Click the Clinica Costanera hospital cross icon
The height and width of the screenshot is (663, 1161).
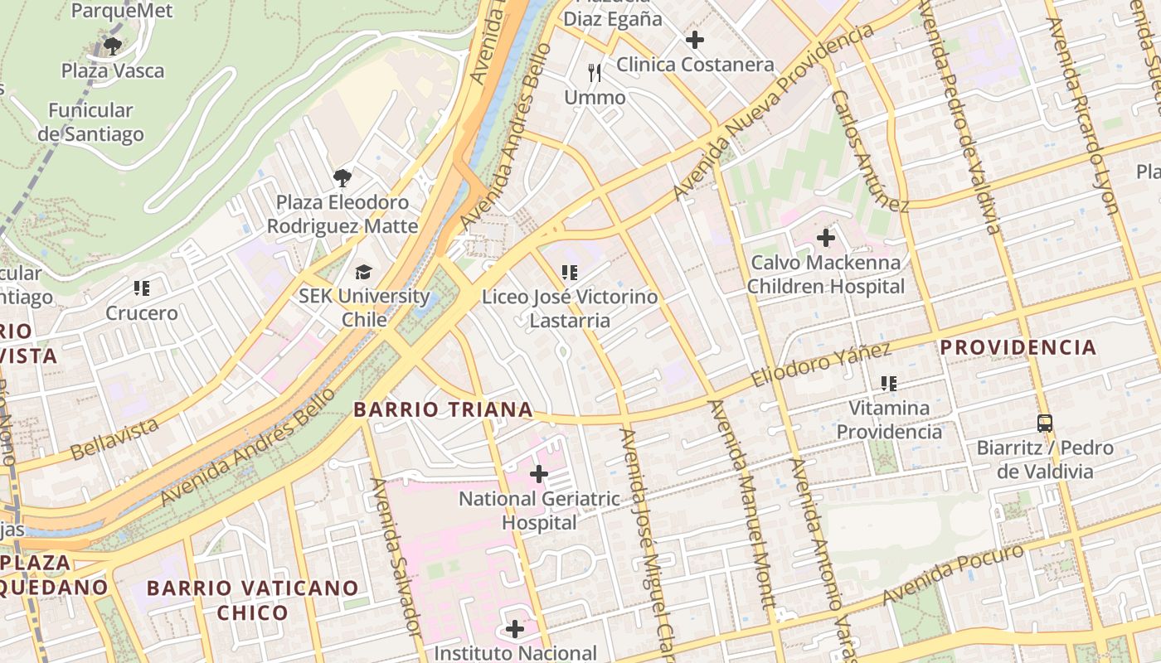pos(695,39)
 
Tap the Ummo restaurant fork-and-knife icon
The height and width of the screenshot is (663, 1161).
pos(595,73)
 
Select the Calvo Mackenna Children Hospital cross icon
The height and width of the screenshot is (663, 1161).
pos(826,238)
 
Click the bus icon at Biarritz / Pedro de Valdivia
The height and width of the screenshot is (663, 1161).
pos(1045,423)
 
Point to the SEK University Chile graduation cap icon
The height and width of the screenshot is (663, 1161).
pos(364,272)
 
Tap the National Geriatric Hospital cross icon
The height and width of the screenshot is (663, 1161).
pos(539,474)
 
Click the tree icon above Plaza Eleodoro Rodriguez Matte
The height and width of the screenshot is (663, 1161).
pos(342,177)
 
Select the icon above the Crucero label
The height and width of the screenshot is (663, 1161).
pos(142,288)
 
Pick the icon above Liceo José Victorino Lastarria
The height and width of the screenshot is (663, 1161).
pos(569,272)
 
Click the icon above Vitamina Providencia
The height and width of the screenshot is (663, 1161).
pos(889,384)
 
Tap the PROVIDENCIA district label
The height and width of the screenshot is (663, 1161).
pos(1018,347)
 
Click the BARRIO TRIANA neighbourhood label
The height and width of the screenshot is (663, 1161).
pos(443,409)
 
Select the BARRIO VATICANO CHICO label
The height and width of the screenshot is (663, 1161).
pos(253,601)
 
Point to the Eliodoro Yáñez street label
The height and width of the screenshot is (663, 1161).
pos(821,365)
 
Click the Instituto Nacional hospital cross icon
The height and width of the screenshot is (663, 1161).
pos(515,629)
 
